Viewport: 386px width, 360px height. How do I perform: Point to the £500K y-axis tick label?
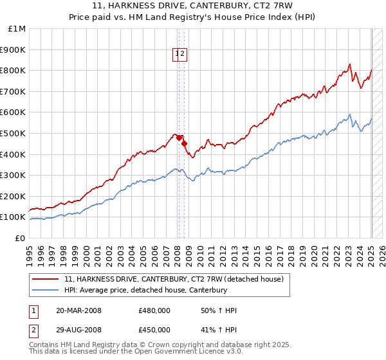click(15, 134)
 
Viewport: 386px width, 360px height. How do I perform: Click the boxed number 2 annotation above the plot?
click(183, 55)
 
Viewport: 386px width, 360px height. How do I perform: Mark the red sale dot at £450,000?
click(184, 143)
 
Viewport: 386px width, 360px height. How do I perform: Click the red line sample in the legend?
click(46, 279)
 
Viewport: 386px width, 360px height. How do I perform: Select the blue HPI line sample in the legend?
click(46, 290)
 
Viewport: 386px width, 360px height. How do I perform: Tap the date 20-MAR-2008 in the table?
click(78, 310)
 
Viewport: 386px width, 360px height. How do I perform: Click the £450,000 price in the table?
click(154, 330)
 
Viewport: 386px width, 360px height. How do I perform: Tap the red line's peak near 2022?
click(349, 64)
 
